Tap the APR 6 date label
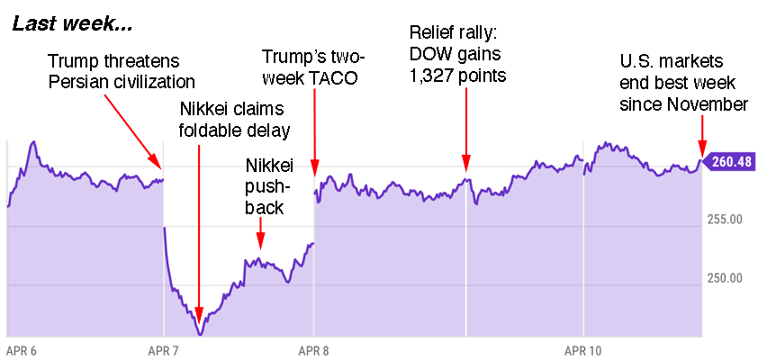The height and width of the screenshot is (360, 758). coord(23,349)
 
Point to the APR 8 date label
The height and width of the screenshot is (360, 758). coord(312,349)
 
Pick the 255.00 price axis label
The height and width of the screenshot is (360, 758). coord(723,219)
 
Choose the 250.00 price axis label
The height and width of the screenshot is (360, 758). coord(723,278)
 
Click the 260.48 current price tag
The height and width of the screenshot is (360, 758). coord(730,163)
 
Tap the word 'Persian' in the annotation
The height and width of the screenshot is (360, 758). coord(77,82)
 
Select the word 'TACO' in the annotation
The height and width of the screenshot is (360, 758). coord(332,77)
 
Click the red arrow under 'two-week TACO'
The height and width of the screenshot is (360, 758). coord(314,130)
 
